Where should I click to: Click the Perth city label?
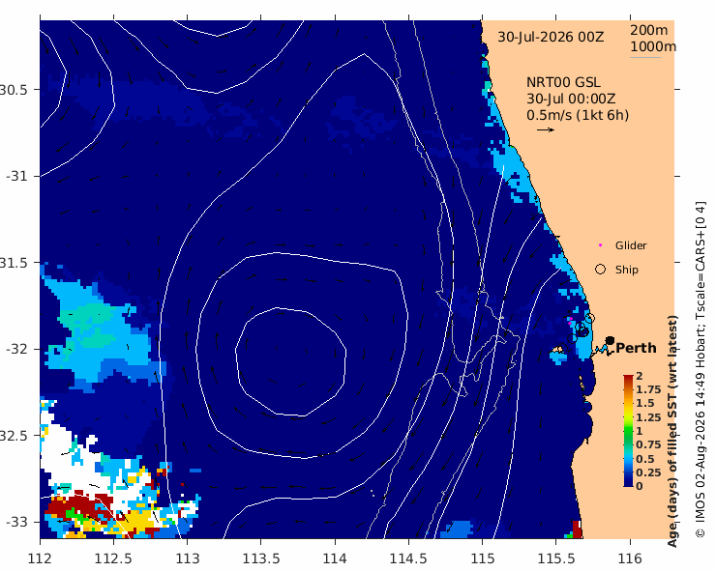[636, 348]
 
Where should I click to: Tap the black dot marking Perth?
[610, 340]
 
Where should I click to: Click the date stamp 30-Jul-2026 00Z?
[551, 37]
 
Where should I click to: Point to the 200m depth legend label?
[649, 30]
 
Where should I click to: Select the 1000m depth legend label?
[653, 46]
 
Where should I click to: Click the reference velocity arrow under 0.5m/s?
[546, 129]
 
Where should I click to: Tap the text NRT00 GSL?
[563, 82]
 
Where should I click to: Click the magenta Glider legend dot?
[600, 245]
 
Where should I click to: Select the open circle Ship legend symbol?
[600, 270]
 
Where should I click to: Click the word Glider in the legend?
[631, 245]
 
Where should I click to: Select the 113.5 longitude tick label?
[261, 558]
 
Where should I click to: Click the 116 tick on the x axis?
[630, 558]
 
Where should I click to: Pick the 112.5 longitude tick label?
[113, 558]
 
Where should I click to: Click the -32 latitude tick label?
[16, 349]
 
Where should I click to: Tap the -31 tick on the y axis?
[16, 176]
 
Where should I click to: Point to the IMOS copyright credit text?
[701, 369]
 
